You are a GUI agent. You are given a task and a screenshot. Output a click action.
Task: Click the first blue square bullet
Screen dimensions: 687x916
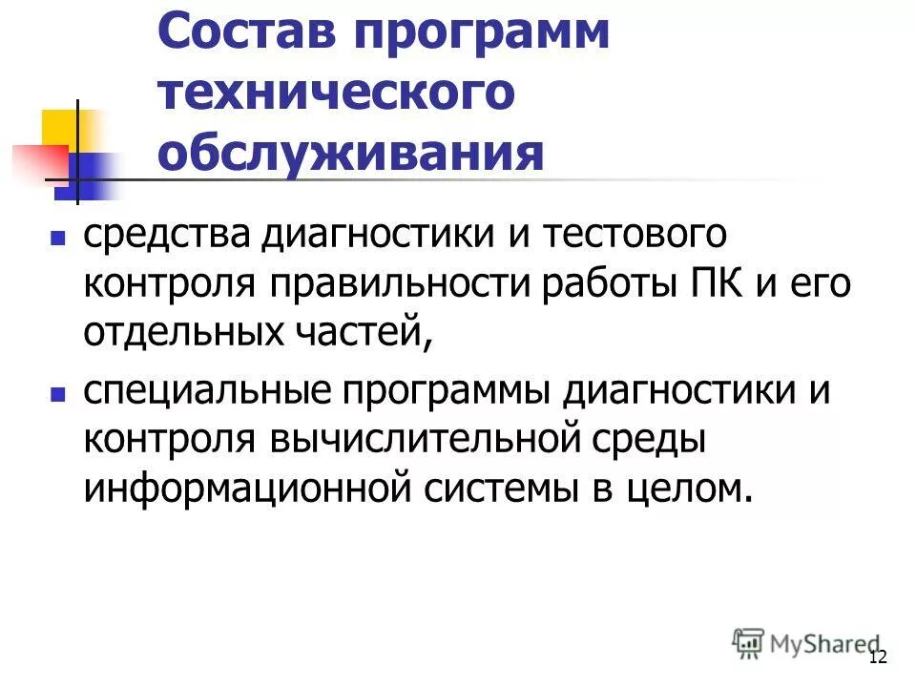(57, 235)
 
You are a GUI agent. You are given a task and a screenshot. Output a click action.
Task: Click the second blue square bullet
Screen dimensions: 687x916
(57, 392)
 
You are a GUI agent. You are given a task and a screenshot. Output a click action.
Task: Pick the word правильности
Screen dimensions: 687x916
(406, 284)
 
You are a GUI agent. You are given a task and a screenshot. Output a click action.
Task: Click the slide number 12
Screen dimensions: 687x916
(878, 656)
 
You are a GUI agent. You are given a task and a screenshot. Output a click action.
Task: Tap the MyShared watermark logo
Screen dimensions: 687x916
(805, 643)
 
